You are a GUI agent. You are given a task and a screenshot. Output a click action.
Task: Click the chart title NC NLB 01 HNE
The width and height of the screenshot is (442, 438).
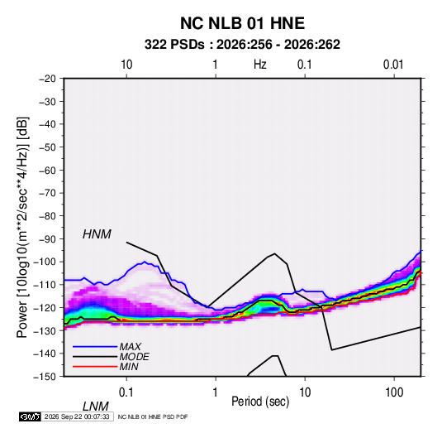pos(242,23)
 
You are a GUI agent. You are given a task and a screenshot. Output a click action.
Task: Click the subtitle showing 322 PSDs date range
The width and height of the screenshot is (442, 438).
pos(242,45)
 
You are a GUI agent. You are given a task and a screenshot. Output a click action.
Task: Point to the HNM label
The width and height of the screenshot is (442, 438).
pos(97,234)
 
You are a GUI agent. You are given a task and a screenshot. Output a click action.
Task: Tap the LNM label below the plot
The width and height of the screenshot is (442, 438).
pos(96,407)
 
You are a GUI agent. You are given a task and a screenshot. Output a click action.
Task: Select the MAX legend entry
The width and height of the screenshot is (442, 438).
pos(130,346)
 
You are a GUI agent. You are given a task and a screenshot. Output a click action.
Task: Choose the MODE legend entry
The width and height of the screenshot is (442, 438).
pos(134,357)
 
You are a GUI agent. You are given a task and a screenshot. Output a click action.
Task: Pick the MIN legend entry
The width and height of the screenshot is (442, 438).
pos(129,367)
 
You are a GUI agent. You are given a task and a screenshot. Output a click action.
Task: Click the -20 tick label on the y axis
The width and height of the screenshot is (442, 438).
pos(47,79)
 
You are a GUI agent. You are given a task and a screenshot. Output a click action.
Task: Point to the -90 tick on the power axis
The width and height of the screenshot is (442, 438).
pos(47,238)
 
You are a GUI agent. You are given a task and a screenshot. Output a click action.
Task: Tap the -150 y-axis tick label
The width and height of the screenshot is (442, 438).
pos(45,377)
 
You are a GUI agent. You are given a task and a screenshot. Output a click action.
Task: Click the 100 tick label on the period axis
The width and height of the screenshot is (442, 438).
pos(394,392)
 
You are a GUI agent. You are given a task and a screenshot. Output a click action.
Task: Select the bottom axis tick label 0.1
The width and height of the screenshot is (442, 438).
pos(126,392)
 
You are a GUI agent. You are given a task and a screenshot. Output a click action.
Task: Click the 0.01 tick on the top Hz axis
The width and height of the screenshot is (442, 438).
pos(393,65)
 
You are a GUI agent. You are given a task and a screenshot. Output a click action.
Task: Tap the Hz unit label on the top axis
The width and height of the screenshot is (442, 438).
pos(260,65)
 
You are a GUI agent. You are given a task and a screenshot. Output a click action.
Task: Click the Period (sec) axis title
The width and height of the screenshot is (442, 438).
pos(260,402)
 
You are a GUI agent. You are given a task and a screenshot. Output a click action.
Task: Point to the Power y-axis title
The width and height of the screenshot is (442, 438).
pos(22,228)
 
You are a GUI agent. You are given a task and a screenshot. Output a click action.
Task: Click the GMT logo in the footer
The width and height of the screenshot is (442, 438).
pos(31,416)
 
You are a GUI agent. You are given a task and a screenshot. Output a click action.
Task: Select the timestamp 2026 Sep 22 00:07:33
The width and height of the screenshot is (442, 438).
pos(77,416)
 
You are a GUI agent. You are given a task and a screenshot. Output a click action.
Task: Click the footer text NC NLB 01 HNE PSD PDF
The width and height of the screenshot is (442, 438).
pos(153,416)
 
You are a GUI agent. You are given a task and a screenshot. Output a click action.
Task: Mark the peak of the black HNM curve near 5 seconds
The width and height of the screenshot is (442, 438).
pos(274,253)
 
